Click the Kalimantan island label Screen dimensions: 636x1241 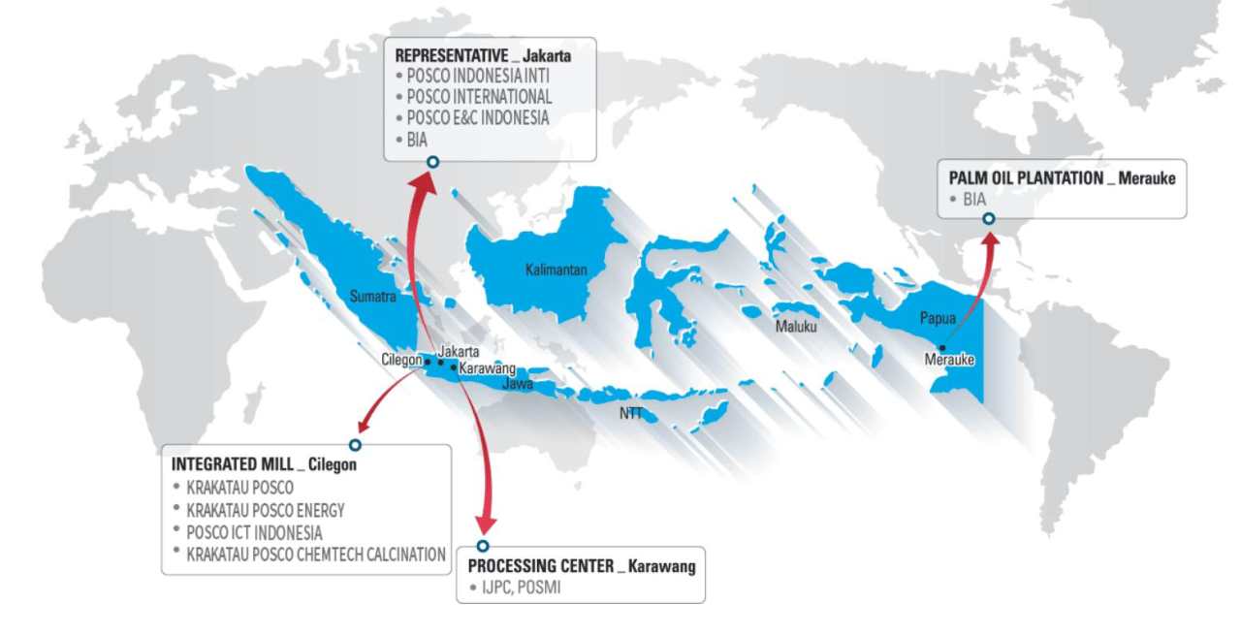(x=557, y=270)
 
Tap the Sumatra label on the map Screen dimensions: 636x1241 (x=372, y=298)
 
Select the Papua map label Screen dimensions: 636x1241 (x=937, y=317)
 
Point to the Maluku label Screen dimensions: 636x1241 (x=796, y=327)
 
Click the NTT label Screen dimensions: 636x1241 (x=631, y=413)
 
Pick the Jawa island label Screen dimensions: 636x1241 (x=518, y=384)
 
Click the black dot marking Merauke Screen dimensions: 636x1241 (x=940, y=348)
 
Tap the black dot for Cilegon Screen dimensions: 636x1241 (x=428, y=362)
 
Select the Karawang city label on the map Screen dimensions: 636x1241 (x=487, y=369)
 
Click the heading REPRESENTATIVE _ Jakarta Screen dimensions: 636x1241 (x=483, y=56)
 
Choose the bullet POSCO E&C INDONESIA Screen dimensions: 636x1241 (x=478, y=117)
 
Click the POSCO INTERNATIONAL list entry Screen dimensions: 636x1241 (x=479, y=97)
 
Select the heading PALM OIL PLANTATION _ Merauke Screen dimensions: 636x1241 (x=1062, y=178)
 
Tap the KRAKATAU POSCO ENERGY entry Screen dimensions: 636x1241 (x=265, y=510)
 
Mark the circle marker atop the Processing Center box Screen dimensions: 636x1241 (x=483, y=546)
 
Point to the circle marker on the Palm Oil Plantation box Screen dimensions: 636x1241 (x=988, y=219)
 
